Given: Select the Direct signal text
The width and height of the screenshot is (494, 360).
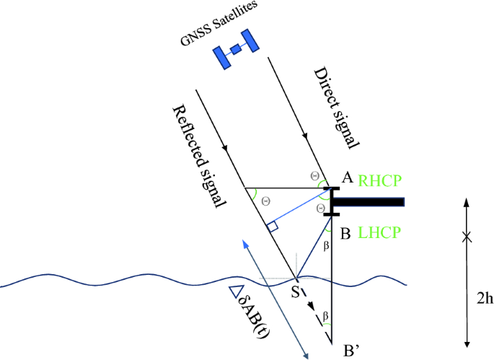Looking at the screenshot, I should [335, 108].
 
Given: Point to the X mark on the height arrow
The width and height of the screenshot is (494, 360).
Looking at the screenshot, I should [467, 236].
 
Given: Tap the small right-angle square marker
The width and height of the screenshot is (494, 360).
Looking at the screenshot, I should [273, 227].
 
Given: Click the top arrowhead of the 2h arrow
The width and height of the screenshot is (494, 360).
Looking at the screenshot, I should [467, 203].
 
